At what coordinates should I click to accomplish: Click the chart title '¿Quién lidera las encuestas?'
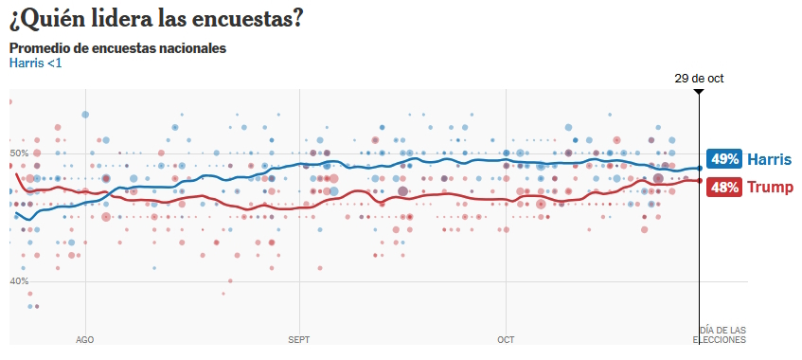coord(156,18)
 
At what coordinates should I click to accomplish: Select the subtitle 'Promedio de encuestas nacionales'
coord(117,48)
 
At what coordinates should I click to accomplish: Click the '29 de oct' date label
coord(699,79)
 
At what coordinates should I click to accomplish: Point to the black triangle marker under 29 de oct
coord(699,92)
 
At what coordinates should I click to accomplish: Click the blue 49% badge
coord(725,159)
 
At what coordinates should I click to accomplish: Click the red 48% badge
coord(725,188)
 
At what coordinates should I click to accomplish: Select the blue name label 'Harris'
coord(769,159)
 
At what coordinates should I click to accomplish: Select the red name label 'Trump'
coord(771,188)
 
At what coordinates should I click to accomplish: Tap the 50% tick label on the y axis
coord(19,153)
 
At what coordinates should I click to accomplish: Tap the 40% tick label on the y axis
coord(19,281)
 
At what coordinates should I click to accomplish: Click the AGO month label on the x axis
coord(84,338)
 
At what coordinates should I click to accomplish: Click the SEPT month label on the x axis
coord(298,338)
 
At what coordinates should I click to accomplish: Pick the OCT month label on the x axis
coord(506,338)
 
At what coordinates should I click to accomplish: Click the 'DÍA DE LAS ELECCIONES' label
coord(721,333)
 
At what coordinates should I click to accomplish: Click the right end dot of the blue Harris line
coord(699,169)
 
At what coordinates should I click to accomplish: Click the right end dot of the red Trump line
coord(699,181)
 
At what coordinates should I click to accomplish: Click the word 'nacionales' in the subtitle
coord(194,48)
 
